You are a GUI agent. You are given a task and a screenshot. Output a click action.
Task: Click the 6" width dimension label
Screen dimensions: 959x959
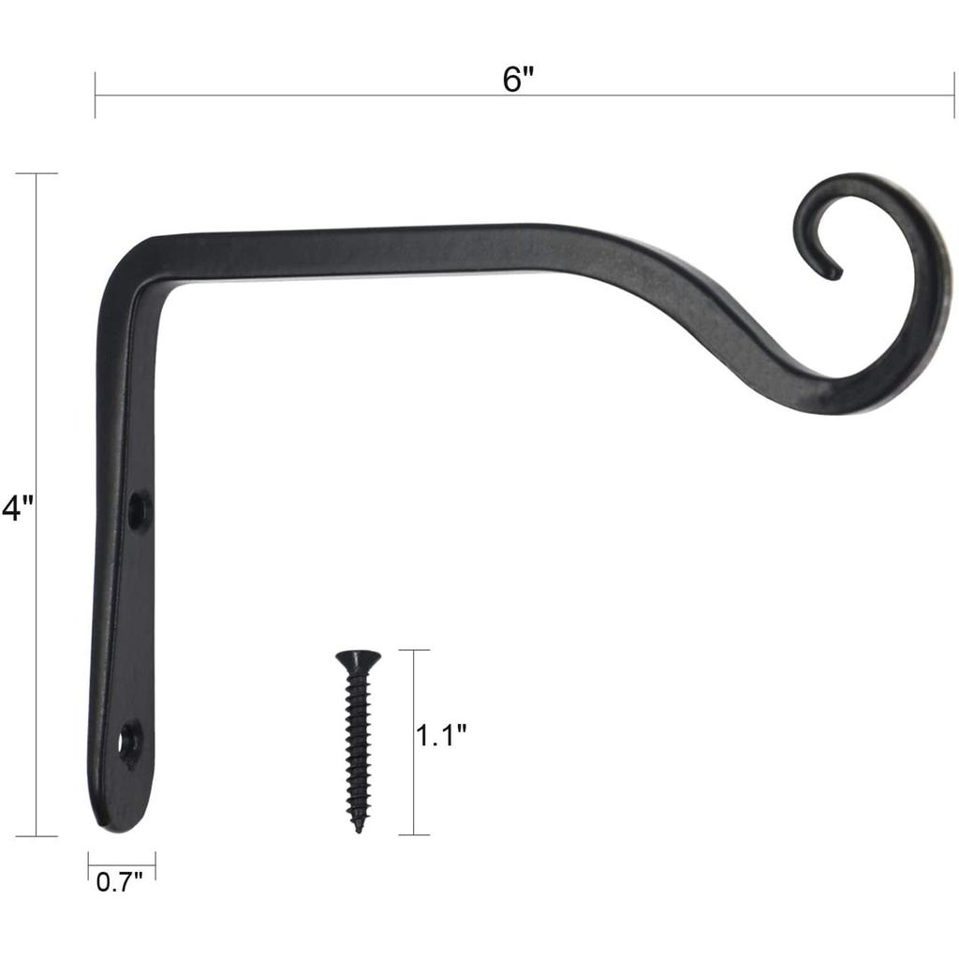tap(517, 80)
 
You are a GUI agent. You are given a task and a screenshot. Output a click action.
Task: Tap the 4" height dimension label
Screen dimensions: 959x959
tap(18, 508)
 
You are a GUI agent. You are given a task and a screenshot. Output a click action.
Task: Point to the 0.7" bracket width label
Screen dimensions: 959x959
tap(120, 881)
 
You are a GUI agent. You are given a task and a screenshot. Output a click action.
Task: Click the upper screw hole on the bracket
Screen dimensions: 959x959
tap(139, 510)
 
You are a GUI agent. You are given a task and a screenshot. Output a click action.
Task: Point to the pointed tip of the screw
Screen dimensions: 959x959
tap(358, 828)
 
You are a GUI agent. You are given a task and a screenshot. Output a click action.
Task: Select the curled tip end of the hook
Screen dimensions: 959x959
tap(832, 273)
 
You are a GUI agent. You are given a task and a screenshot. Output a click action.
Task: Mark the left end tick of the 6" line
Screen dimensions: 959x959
tap(96, 95)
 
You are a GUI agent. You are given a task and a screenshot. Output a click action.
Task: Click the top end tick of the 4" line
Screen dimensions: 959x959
tap(37, 174)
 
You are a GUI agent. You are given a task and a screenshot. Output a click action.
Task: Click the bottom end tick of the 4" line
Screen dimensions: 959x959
tap(37, 835)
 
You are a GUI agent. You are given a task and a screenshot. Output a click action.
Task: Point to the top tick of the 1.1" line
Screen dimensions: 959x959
tap(414, 650)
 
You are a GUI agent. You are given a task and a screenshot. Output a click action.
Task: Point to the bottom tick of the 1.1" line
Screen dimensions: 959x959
tap(414, 834)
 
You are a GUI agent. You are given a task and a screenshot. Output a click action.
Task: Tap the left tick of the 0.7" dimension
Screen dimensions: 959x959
tap(89, 865)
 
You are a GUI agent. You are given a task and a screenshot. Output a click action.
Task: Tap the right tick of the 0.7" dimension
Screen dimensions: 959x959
tap(155, 865)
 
